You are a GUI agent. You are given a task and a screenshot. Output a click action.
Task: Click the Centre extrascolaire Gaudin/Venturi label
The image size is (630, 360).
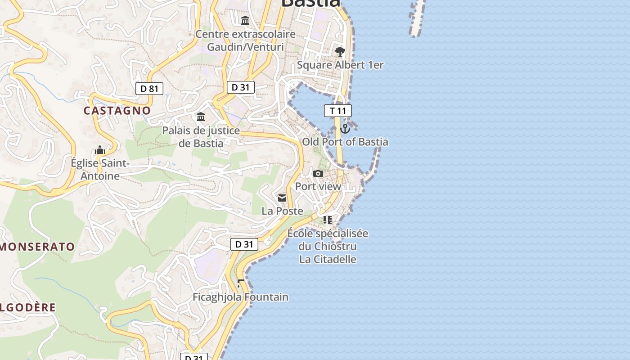click(245, 40)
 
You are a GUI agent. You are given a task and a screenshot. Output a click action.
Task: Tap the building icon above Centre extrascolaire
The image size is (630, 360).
click(245, 21)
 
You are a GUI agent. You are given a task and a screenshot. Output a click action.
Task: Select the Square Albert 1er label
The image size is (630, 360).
click(340, 65)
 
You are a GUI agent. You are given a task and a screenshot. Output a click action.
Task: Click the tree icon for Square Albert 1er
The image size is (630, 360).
click(340, 51)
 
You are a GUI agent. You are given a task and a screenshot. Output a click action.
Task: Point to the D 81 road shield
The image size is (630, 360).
click(149, 89)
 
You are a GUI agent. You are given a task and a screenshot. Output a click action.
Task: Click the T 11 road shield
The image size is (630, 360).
click(338, 111)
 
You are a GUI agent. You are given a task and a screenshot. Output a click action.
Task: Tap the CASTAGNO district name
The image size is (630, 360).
click(117, 111)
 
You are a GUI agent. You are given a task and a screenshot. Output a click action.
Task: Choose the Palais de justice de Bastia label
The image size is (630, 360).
click(201, 137)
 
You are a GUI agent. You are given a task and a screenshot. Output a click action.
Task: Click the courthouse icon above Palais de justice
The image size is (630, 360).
click(201, 117)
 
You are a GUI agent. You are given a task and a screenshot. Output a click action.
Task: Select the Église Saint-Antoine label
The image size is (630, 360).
click(100, 170)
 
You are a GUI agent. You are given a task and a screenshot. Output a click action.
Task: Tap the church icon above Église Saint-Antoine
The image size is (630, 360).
click(100, 150)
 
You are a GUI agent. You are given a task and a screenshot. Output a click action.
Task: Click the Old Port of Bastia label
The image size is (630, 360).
click(345, 142)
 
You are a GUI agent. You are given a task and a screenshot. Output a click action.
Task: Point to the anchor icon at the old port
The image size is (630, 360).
click(345, 129)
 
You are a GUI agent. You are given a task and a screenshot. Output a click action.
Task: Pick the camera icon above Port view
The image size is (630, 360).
click(318, 174)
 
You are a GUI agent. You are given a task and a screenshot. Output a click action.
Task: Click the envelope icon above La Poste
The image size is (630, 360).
click(282, 198)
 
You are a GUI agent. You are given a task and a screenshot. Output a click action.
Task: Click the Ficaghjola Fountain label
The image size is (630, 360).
click(240, 297)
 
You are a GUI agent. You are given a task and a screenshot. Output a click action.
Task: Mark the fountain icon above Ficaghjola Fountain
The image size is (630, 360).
click(240, 283)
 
